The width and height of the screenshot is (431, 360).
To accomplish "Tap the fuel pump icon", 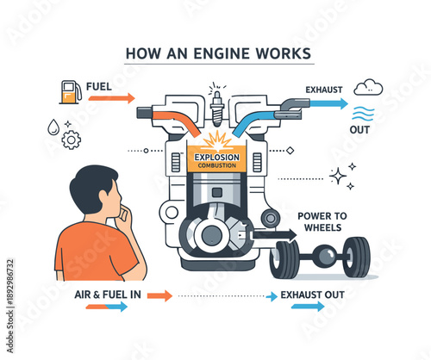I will pyautogui.click(x=68, y=91).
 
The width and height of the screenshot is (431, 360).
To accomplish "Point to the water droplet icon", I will pyautogui.click(x=53, y=126).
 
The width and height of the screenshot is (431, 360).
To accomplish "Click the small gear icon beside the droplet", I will pyautogui.click(x=72, y=137).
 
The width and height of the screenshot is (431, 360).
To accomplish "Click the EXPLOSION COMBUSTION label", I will pyautogui.click(x=215, y=161).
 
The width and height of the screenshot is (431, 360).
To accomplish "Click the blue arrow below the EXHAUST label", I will pyautogui.click(x=327, y=103).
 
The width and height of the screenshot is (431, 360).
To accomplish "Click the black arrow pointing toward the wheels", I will pyautogui.click(x=274, y=233).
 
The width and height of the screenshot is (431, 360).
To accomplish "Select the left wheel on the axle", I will pyautogui.click(x=284, y=258).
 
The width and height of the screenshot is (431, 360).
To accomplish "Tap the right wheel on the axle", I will pyautogui.click(x=355, y=258).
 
